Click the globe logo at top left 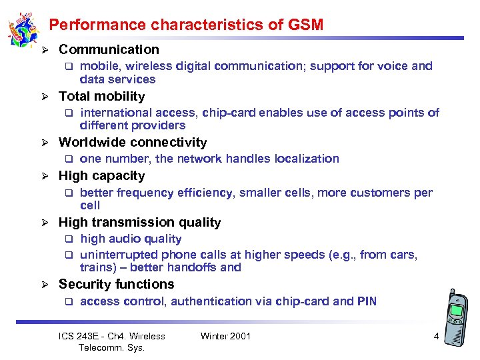(22, 30)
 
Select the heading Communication (109, 49)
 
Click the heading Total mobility (101, 96)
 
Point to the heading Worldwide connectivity (133, 142)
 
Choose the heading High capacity (101, 175)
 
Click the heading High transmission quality (139, 222)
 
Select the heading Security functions (116, 284)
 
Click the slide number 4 (436, 336)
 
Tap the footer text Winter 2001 (225, 336)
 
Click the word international (110, 113)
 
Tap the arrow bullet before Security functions (44, 285)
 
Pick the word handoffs (193, 267)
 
